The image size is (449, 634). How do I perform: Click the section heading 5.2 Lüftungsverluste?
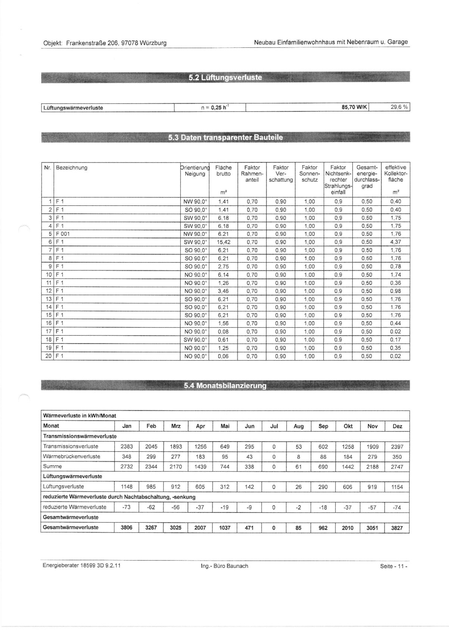(225, 78)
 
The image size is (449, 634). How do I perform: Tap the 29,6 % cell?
(399, 108)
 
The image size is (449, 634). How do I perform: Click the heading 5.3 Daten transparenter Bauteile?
(225, 138)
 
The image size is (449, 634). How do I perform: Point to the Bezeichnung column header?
(72, 168)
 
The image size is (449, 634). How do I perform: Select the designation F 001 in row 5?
(63, 234)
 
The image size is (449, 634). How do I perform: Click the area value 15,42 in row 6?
(223, 242)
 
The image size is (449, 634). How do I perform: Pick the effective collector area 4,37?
(395, 242)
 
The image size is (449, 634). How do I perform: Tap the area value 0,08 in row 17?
(223, 332)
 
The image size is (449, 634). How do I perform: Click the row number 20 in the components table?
(48, 356)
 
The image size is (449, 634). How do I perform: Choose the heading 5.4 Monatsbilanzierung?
(225, 386)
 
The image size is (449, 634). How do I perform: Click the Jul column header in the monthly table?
(274, 426)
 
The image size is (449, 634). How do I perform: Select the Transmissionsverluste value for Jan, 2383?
(127, 447)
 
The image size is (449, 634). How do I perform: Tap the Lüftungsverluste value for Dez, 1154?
(397, 487)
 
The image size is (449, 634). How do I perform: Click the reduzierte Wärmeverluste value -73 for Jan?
(127, 507)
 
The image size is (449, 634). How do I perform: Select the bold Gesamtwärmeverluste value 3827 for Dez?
(397, 528)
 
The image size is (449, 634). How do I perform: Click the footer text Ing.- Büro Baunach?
(224, 566)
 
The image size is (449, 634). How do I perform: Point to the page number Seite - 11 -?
(393, 566)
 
